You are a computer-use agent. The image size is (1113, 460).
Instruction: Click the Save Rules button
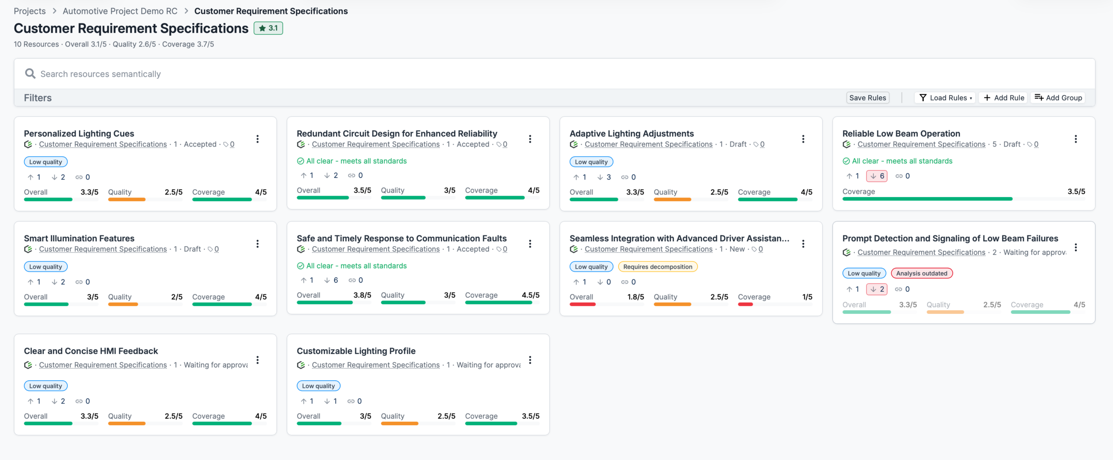[x=867, y=98]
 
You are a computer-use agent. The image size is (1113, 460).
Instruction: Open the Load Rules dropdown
[x=945, y=98]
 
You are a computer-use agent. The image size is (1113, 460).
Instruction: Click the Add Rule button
[x=1004, y=98]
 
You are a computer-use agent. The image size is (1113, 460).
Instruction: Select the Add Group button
[x=1058, y=98]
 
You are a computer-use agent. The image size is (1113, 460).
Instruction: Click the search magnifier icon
[x=30, y=73]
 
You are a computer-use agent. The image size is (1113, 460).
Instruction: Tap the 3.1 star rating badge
[x=268, y=28]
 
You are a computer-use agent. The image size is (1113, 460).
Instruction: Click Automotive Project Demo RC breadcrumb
[x=120, y=11]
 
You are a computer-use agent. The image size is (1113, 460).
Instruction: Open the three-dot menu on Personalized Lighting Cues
[x=257, y=139]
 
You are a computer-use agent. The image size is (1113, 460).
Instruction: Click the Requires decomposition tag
[x=658, y=267]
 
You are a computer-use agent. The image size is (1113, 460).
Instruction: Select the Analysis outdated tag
[x=922, y=273]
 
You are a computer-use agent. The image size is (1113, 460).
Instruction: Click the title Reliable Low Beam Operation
[x=901, y=133]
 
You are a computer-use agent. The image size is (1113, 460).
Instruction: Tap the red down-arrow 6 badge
[x=877, y=176]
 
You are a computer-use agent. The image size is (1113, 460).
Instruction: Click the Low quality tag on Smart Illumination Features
[x=46, y=267]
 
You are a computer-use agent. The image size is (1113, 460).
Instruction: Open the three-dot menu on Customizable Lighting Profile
[x=530, y=360]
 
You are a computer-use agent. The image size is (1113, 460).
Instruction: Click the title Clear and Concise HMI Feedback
[x=91, y=351]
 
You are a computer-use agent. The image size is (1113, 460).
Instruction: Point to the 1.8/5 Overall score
[x=636, y=297]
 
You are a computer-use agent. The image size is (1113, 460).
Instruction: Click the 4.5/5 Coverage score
[x=530, y=295]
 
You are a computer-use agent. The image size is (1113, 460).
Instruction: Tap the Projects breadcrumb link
[x=30, y=11]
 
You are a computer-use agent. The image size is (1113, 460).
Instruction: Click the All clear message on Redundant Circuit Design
[x=352, y=161]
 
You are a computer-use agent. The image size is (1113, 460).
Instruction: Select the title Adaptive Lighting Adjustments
[x=632, y=133]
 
